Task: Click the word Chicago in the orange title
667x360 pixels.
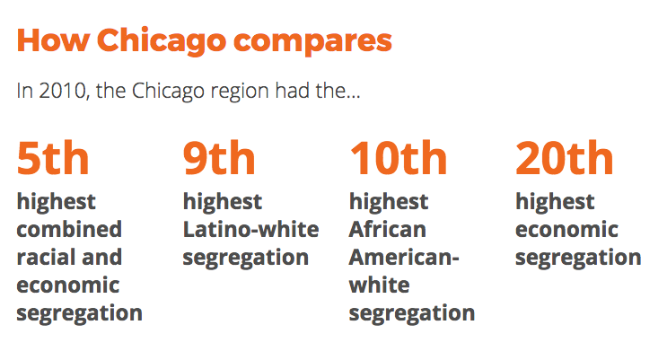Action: (x=162, y=42)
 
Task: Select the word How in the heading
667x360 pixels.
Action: (x=53, y=40)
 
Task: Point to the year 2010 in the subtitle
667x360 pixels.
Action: (x=63, y=91)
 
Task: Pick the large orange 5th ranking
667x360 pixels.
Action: (x=53, y=158)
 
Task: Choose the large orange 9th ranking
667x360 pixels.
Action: (x=219, y=158)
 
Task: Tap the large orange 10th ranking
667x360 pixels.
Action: (x=399, y=158)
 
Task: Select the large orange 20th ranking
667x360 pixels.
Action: (x=565, y=158)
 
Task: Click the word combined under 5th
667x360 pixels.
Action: (x=69, y=229)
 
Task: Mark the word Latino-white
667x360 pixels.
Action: (x=251, y=229)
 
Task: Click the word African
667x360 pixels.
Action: (x=388, y=230)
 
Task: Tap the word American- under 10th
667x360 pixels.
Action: (x=404, y=258)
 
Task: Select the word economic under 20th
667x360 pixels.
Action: (x=566, y=230)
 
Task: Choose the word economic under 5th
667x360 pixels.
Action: (x=68, y=285)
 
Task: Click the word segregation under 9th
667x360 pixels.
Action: (x=246, y=259)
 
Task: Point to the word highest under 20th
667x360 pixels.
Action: (x=555, y=202)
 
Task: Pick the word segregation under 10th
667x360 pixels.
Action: (x=412, y=314)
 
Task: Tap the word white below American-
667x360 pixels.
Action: (x=380, y=285)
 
